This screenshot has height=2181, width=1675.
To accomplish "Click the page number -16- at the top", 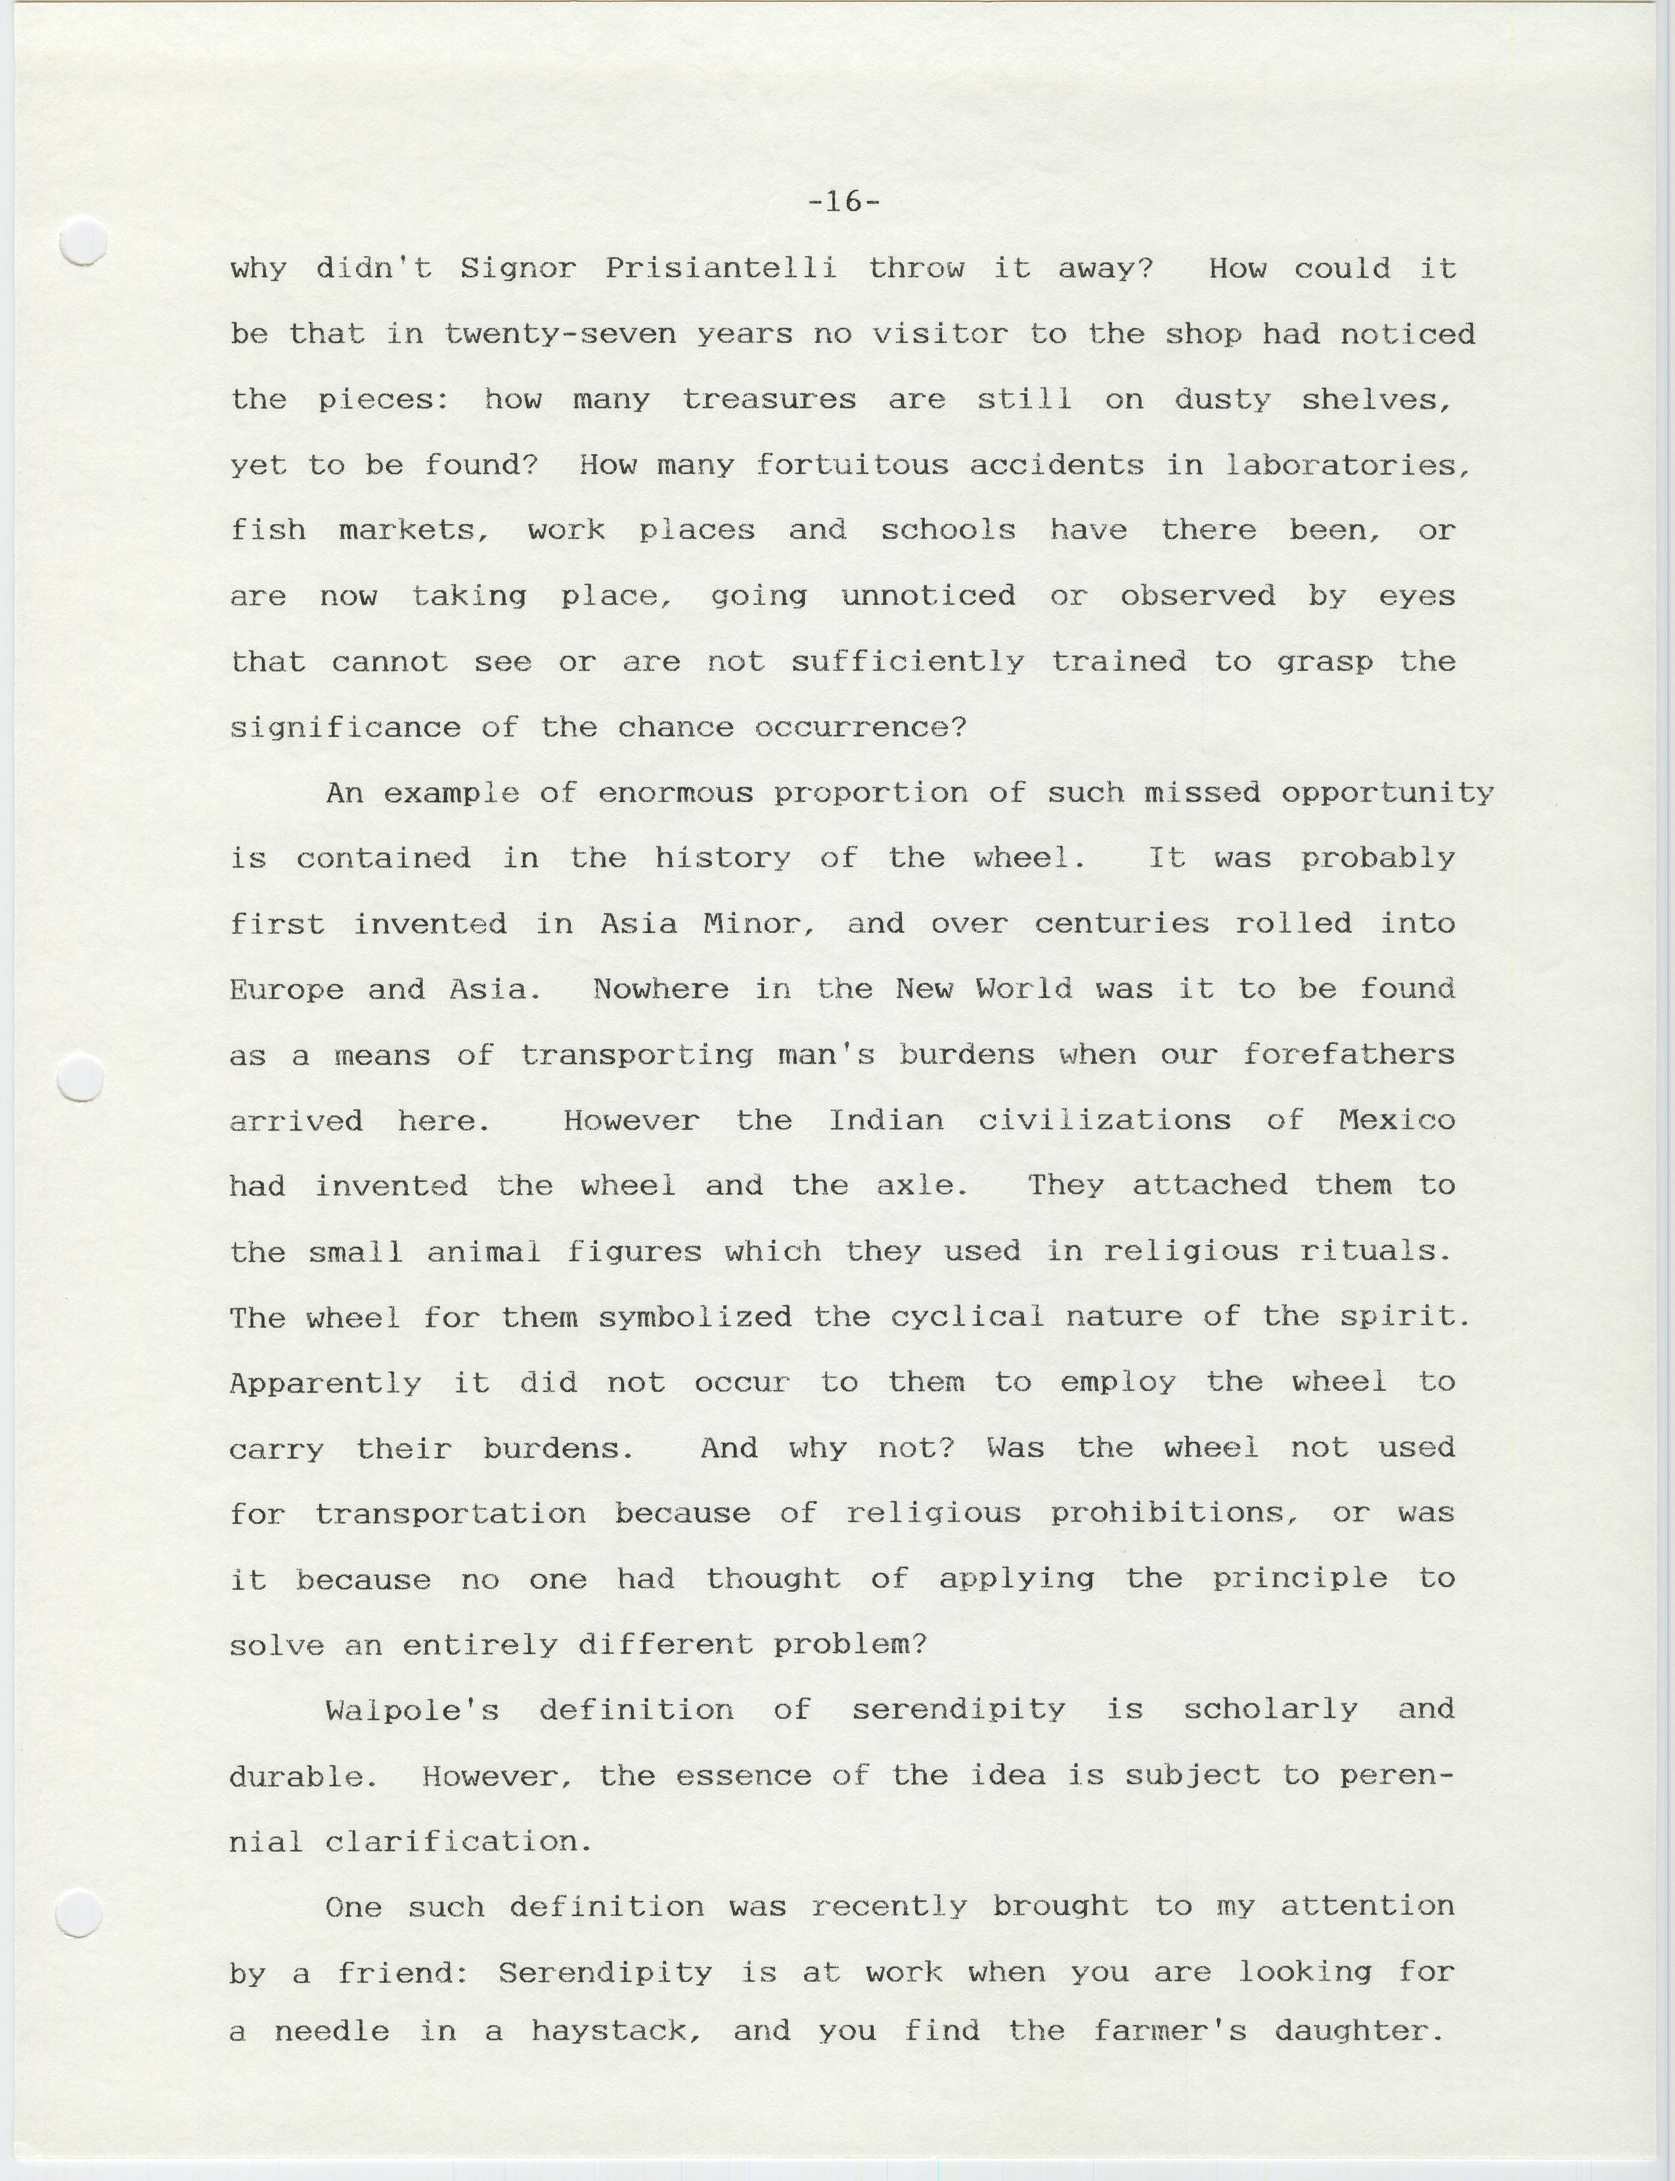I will coord(843,202).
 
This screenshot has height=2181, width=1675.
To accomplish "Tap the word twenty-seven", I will coord(568,334).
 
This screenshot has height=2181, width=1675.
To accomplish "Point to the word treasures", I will coord(769,400).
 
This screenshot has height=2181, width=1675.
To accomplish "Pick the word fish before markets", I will coord(267,531).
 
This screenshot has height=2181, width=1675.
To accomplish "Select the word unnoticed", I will coord(928,596).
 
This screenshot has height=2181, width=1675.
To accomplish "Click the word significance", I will coord(345,728).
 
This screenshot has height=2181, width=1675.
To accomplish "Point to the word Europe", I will coord(286,989).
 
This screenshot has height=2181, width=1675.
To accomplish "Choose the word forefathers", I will coord(1348,1054).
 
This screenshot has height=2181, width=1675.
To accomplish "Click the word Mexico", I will coord(1396,1120).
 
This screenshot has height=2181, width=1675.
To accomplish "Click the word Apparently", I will coord(325,1383).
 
